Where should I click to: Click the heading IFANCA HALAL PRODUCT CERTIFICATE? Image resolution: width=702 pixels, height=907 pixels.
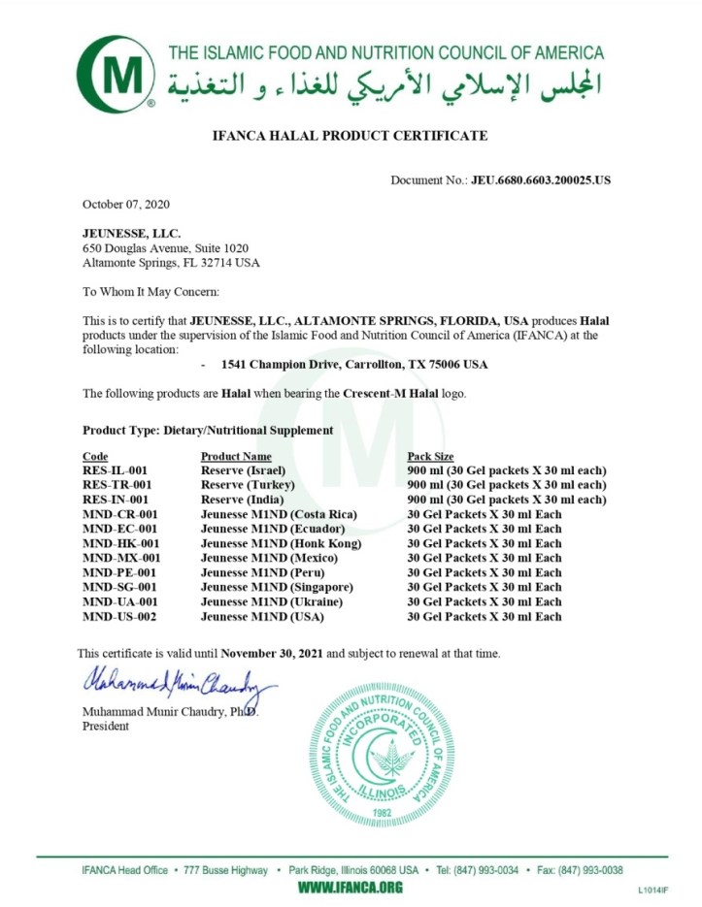click(x=350, y=136)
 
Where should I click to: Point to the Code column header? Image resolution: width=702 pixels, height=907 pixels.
click(x=95, y=456)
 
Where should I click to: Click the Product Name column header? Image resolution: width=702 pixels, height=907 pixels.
click(x=236, y=456)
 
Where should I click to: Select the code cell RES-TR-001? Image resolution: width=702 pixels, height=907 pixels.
click(x=117, y=484)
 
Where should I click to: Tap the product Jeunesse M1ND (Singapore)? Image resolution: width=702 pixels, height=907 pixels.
click(x=277, y=587)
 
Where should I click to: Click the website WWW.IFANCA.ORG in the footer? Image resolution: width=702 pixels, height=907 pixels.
click(x=350, y=888)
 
